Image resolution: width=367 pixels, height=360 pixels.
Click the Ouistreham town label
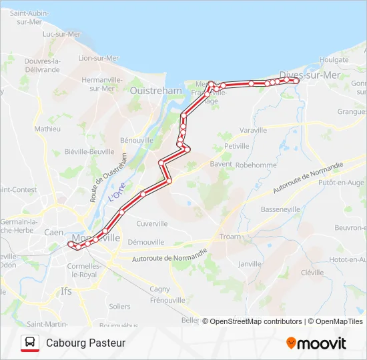155,91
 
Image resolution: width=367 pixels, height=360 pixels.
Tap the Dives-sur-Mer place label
310,75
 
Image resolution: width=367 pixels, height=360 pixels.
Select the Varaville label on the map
252,130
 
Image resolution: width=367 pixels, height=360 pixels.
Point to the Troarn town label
230,237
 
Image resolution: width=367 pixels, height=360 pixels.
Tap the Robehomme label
256,164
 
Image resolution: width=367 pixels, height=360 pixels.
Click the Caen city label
53,232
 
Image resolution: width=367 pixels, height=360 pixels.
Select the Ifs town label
66,291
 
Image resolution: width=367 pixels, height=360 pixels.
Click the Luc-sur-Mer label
61,34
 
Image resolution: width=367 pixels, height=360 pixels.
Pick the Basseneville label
280,209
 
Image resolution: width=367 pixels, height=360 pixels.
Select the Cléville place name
312,273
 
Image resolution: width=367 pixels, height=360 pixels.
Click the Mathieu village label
47,129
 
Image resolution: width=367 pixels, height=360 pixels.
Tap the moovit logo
316,343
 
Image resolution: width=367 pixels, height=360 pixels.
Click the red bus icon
29,343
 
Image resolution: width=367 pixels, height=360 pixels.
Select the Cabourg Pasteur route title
85,343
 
